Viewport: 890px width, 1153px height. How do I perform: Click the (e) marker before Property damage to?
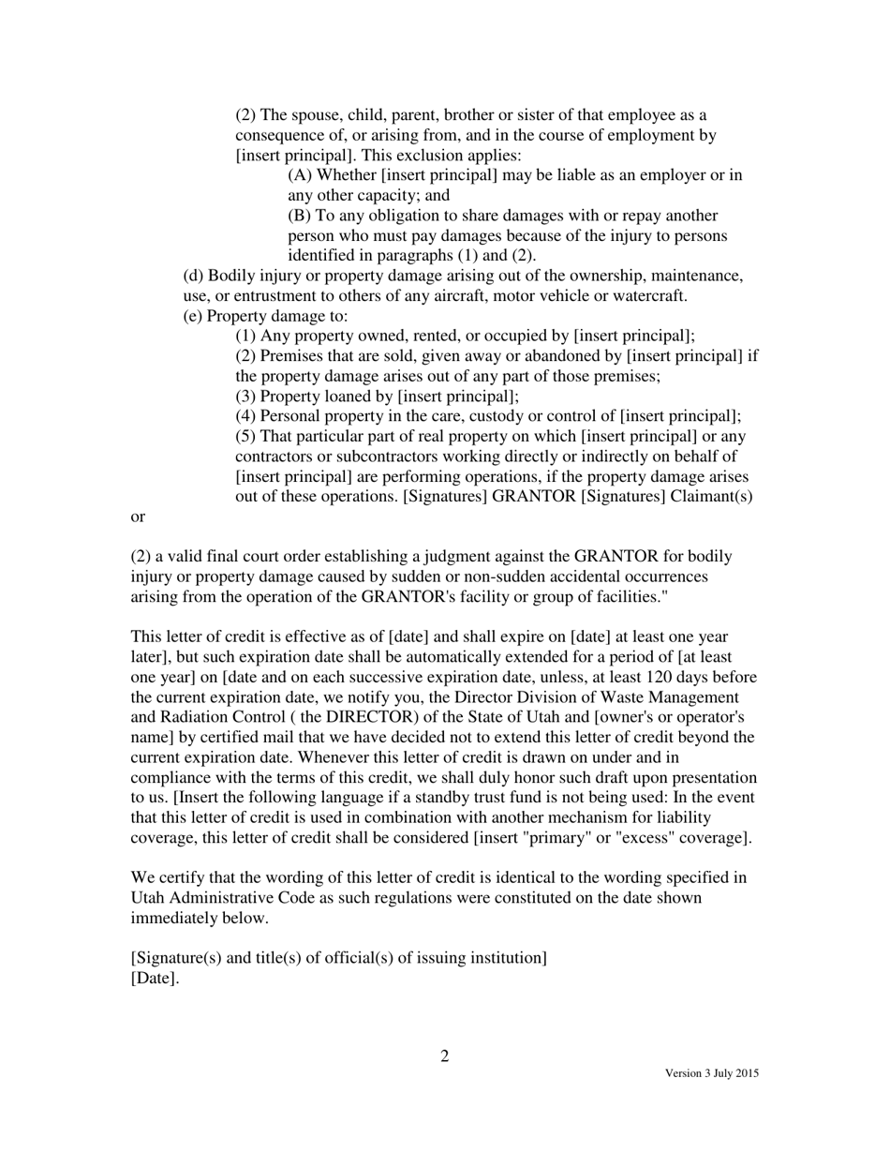(193, 316)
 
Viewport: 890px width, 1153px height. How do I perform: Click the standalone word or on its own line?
(138, 517)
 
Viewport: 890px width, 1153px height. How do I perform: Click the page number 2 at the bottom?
(445, 1056)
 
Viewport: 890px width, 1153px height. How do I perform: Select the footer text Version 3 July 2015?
(711, 1073)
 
